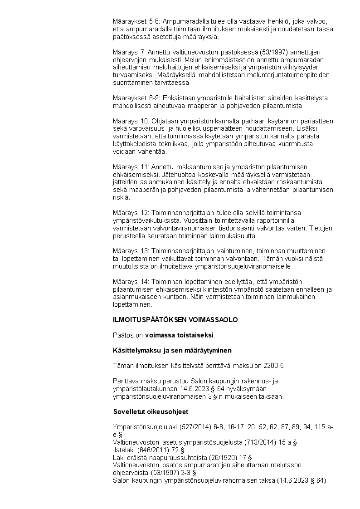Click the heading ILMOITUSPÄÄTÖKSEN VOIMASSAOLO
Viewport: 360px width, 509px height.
pyautogui.click(x=175, y=320)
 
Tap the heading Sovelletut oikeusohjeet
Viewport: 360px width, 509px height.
pyautogui.click(x=151, y=411)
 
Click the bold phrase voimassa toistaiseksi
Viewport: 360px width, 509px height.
pyautogui.click(x=179, y=335)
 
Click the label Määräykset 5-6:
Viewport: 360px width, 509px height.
pyautogui.click(x=136, y=21)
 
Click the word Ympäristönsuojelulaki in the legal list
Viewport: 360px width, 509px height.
pyautogui.click(x=146, y=427)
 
